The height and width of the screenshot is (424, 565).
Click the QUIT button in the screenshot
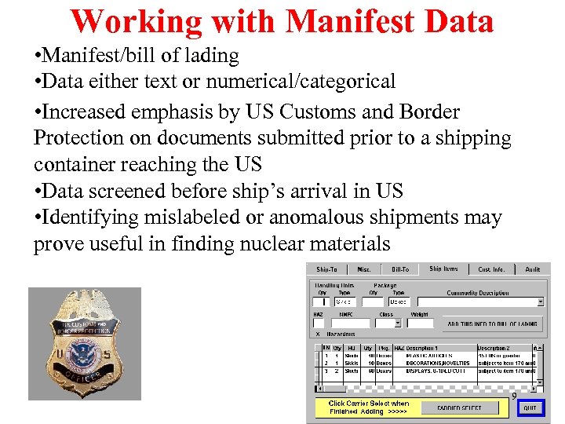[x=530, y=408]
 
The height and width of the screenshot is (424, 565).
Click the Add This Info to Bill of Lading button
[x=493, y=323]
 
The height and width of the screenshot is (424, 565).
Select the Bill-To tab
[x=401, y=269]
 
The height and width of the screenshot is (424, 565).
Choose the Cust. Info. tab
[x=493, y=269]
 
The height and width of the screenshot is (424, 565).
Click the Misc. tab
[x=364, y=269]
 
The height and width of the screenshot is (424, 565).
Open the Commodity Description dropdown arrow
[x=540, y=302]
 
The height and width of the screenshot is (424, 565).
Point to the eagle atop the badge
[x=82, y=305]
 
